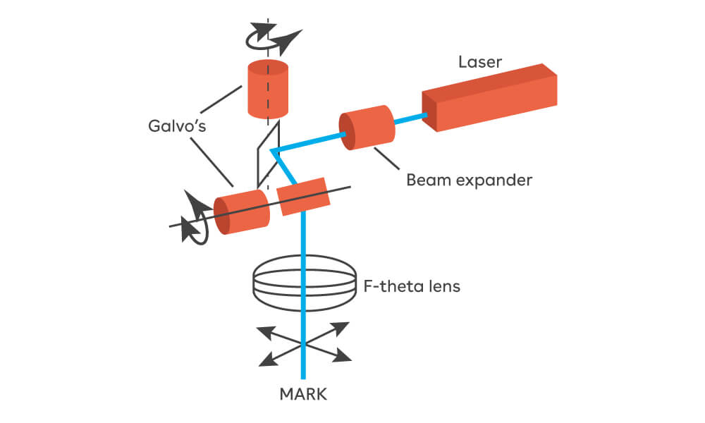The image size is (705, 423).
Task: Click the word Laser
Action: tap(480, 62)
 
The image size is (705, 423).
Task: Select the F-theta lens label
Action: tap(412, 287)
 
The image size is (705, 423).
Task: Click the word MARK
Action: tap(302, 393)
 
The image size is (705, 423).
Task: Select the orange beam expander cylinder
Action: tap(366, 128)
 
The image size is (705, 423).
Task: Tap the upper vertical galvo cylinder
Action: tap(266, 89)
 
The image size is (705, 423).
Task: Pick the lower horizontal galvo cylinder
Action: tap(242, 211)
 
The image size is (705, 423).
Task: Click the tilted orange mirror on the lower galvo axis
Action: tap(304, 196)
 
